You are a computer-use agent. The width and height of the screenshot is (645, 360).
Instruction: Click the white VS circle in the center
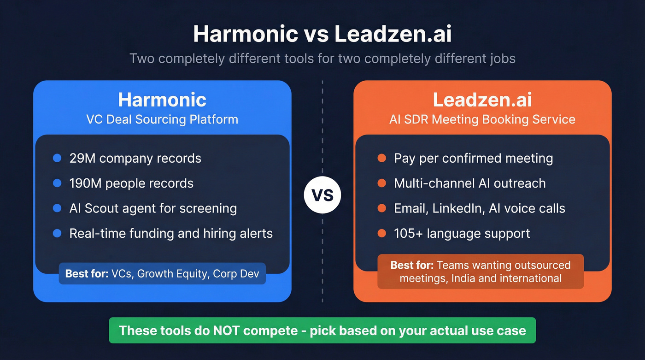coord(322,195)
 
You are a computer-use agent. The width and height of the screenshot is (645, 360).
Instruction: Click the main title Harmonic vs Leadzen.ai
coord(322,34)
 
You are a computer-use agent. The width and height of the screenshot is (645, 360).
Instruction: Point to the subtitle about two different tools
coord(322,59)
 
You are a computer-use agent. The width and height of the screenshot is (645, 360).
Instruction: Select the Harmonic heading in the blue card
coord(162,100)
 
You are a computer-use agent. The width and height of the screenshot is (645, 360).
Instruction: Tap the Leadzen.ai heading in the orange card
coord(482,100)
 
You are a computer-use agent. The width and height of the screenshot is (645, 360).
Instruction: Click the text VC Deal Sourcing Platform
coord(162,119)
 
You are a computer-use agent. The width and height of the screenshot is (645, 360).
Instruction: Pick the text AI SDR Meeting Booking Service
coord(482,119)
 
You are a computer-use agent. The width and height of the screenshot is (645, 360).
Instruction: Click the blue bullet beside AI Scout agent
coord(57,208)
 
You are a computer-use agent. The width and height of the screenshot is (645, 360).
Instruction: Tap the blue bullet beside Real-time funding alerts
coord(57,233)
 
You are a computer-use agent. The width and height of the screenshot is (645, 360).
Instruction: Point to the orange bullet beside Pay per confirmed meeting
coord(381,158)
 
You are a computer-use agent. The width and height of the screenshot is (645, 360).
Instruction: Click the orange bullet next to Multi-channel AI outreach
coord(381,183)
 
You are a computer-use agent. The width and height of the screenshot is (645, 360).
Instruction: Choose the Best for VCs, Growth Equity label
coord(162,274)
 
